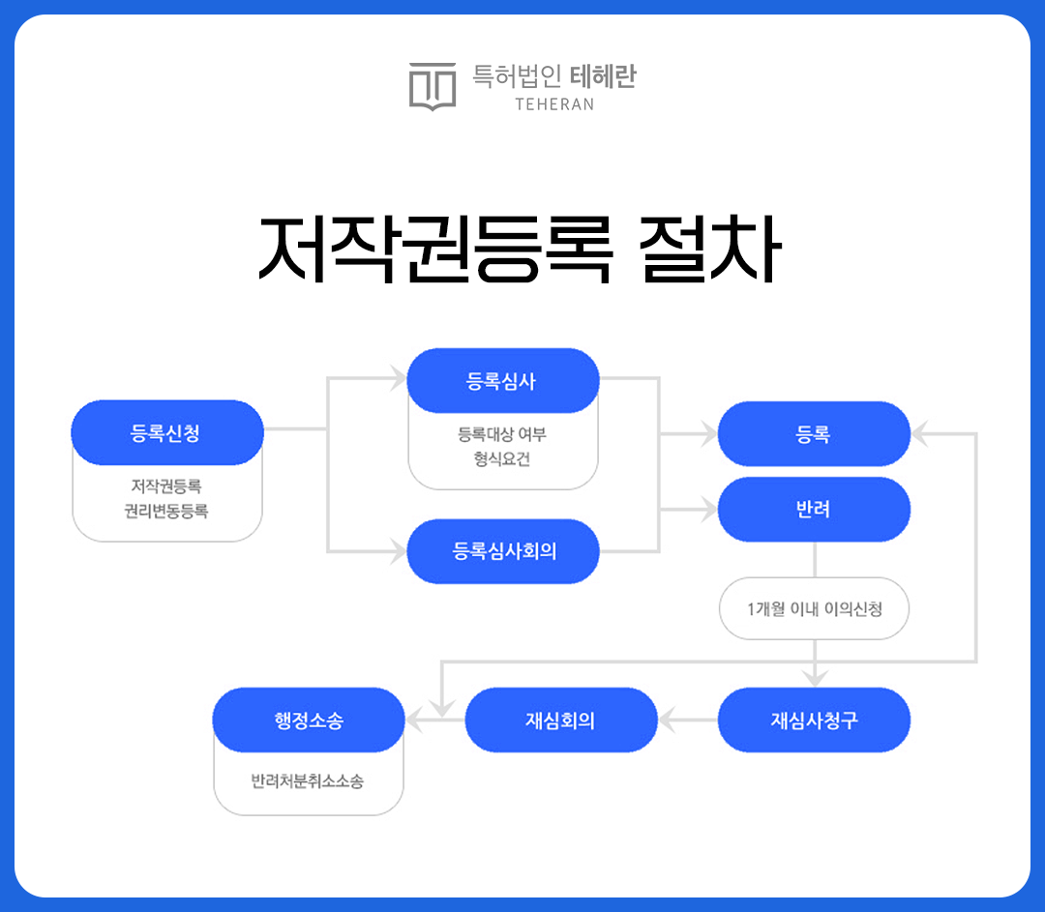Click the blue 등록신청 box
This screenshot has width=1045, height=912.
coord(167,432)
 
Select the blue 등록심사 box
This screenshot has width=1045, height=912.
coord(503,380)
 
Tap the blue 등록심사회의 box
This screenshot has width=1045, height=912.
coord(503,551)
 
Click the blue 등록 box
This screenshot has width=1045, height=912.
coord(814,433)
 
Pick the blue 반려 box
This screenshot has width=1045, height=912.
coord(814,509)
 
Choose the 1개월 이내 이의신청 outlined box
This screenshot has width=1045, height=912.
coord(814,609)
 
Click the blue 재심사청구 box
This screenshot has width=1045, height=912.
coord(814,721)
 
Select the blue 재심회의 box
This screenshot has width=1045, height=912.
coord(561,721)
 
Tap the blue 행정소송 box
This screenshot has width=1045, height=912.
coord(309,721)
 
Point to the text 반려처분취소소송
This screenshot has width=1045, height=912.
coord(308,780)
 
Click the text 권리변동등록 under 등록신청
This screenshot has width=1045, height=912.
coord(166,511)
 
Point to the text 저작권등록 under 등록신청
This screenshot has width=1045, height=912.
coord(166,486)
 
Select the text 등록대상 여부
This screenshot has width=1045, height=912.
coord(502,434)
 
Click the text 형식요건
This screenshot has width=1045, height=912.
coord(502,459)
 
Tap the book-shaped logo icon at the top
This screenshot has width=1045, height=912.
coord(433,86)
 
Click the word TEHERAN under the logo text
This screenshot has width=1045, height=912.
coord(554,104)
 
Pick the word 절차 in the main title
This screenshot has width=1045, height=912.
coord(709,250)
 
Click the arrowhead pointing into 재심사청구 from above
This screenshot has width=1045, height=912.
coord(815,679)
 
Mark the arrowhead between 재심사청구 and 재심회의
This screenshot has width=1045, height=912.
coord(667,721)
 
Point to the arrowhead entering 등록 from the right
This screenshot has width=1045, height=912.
coord(920,433)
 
